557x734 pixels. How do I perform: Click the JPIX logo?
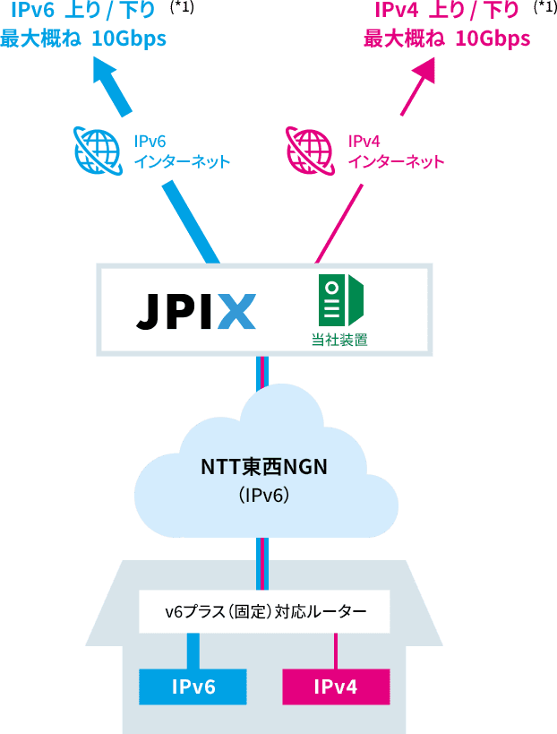point(196,311)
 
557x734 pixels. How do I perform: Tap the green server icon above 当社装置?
point(340,300)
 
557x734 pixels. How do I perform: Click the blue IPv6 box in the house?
point(193,687)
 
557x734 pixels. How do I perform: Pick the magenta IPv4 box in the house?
point(336,687)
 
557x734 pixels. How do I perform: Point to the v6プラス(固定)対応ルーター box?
point(265,612)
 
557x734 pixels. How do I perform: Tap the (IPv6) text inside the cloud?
point(263,494)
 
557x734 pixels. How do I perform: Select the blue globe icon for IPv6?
point(98,150)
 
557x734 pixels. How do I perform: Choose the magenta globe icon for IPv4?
point(309,150)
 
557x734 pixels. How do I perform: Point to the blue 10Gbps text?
point(129,39)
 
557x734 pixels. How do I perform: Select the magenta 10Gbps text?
point(493,39)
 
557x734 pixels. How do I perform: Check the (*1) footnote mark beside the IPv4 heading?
point(544,9)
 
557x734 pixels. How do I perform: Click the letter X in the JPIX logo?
point(236,311)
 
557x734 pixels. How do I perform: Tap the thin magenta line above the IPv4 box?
point(336,651)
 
